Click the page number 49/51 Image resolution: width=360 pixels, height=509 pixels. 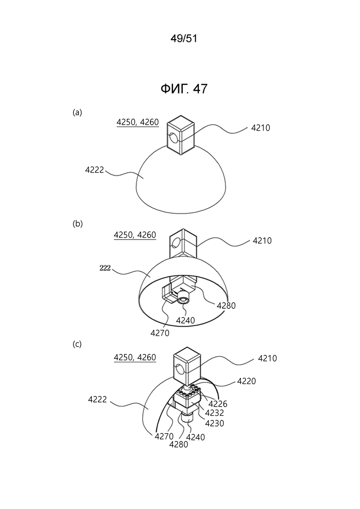(184, 39)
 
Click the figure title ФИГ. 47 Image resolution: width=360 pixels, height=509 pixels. (184, 89)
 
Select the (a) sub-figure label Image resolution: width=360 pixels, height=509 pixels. (77, 112)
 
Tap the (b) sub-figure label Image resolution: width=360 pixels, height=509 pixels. (78, 224)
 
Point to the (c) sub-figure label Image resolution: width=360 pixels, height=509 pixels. (77, 344)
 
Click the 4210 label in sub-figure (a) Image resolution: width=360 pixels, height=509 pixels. (261, 128)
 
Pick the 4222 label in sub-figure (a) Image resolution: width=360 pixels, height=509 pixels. (95, 170)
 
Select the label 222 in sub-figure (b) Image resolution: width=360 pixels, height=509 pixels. (105, 268)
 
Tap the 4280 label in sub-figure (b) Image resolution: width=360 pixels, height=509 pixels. (226, 305)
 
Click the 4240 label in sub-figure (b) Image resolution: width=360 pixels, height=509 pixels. (186, 320)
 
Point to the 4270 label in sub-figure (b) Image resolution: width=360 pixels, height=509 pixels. (160, 333)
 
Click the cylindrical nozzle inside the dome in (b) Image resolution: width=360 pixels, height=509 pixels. (184, 297)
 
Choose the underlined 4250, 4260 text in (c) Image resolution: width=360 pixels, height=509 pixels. (135, 357)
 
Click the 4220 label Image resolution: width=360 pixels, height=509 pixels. (246, 381)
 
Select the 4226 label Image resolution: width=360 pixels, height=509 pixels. (218, 404)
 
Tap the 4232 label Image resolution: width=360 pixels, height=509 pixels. (215, 413)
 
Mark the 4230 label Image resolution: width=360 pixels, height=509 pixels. (215, 423)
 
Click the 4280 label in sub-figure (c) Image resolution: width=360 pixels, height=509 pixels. (179, 444)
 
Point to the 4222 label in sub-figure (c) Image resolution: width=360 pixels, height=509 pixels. (97, 399)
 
